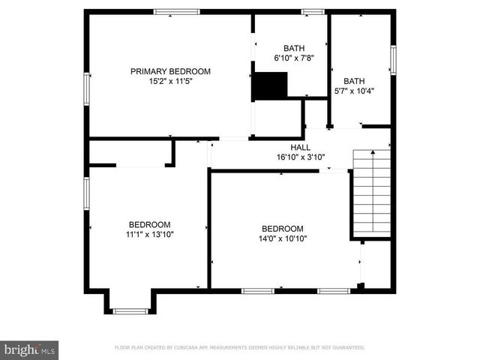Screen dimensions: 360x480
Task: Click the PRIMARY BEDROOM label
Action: click(170, 72)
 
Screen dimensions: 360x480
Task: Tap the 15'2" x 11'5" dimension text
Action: click(170, 82)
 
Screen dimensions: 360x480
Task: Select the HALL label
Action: click(301, 148)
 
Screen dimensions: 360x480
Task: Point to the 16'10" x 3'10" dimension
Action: click(301, 157)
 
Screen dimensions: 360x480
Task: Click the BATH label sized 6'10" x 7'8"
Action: click(294, 48)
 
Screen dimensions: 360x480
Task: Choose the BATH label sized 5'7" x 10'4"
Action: click(353, 81)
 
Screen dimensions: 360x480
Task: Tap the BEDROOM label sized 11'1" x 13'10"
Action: click(149, 224)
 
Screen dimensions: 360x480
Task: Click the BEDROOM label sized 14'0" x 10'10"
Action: click(282, 229)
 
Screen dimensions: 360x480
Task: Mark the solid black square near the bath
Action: click(269, 85)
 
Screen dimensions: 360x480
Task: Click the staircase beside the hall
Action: click(372, 191)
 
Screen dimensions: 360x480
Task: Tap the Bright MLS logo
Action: click(30, 349)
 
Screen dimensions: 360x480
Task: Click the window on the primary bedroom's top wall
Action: click(177, 11)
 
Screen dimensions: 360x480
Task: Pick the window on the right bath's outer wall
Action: click(392, 60)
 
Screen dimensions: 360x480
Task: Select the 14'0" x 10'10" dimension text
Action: click(282, 238)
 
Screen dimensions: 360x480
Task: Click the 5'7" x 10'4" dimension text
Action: click(353, 91)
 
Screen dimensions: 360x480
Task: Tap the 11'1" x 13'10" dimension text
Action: click(149, 234)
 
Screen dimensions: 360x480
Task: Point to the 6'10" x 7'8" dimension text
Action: click(294, 58)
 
